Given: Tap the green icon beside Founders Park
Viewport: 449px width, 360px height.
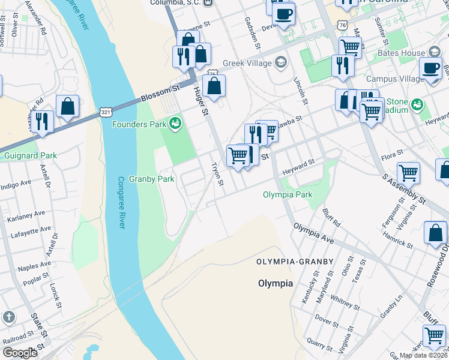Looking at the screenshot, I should coord(175,124).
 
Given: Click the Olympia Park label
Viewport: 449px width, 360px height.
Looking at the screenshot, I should coord(288,194).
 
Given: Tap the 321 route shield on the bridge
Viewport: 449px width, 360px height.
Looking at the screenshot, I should coord(106,112).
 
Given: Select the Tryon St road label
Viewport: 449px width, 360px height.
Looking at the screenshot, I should coord(216,174).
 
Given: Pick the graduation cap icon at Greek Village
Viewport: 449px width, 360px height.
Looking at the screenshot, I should coord(280,62).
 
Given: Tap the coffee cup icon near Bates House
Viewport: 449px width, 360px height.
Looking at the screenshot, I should coord(430,68).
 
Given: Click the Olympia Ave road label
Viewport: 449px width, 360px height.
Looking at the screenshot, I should coord(313,232).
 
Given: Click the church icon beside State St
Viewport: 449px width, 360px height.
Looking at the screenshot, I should coord(8,317).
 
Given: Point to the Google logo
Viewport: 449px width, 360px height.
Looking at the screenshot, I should coord(20,352).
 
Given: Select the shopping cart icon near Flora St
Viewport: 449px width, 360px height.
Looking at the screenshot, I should coord(408,173).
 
